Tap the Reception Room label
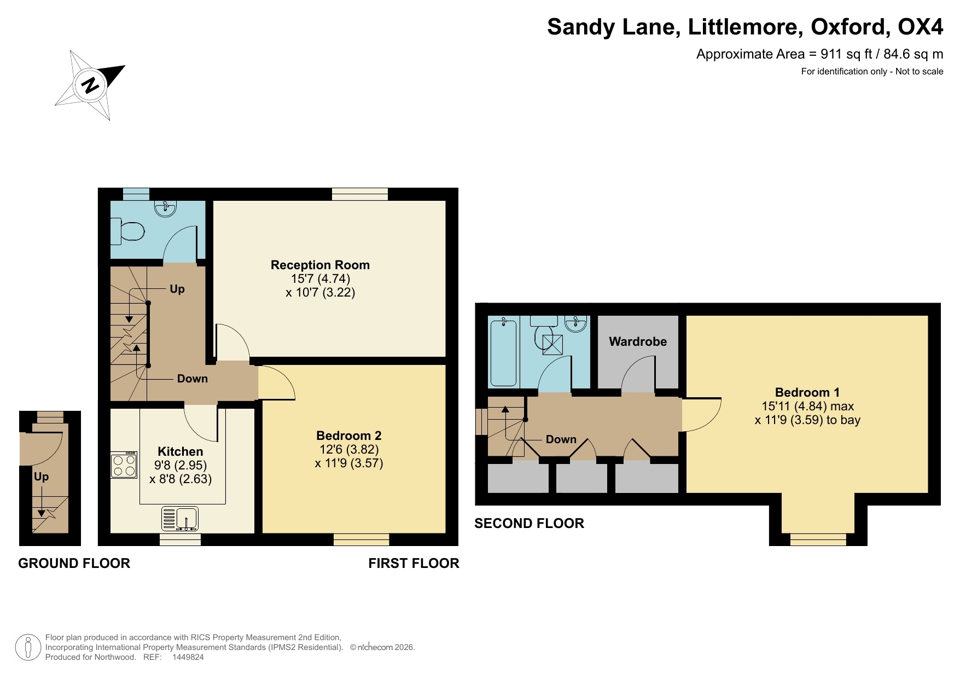click(x=320, y=265)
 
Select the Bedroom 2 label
click(x=348, y=436)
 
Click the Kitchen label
click(x=180, y=451)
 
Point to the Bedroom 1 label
click(x=807, y=392)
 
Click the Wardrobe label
click(x=638, y=341)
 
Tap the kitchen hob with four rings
click(x=124, y=466)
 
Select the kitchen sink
click(x=180, y=518)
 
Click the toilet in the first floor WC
click(x=129, y=230)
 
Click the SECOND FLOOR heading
click(x=529, y=524)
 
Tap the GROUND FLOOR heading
click(x=74, y=564)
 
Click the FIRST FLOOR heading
click(x=414, y=564)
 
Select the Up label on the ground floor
click(x=41, y=477)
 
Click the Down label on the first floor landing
click(x=192, y=379)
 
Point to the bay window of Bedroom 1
click(x=818, y=539)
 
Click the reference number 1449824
click(x=188, y=657)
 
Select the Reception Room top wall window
click(x=359, y=194)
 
